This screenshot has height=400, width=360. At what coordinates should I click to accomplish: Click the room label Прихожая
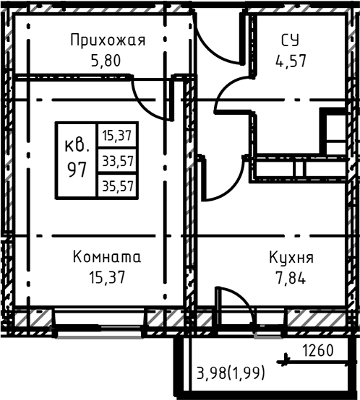[x=108, y=40]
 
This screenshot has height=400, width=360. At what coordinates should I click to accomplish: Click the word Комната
[x=108, y=257]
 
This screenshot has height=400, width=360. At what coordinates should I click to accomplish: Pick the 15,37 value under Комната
[x=108, y=277]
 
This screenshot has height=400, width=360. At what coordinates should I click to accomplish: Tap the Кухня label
[x=291, y=257]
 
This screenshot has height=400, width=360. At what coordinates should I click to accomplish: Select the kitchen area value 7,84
[x=291, y=277]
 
